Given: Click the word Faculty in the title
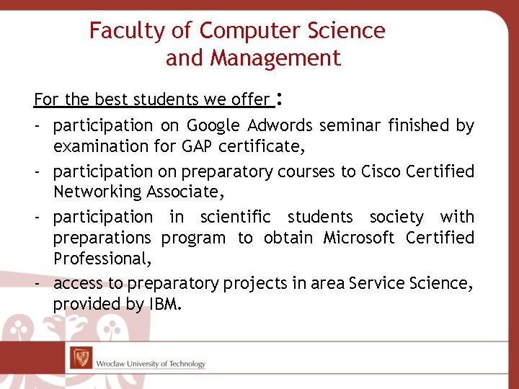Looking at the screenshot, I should pyautogui.click(x=117, y=31).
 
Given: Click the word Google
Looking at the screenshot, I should pyautogui.click(x=213, y=126).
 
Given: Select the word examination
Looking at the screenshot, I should pyautogui.click(x=96, y=146).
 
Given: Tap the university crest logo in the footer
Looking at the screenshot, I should pyautogui.click(x=81, y=357).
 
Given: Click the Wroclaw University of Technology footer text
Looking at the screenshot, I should pyautogui.click(x=150, y=364).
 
